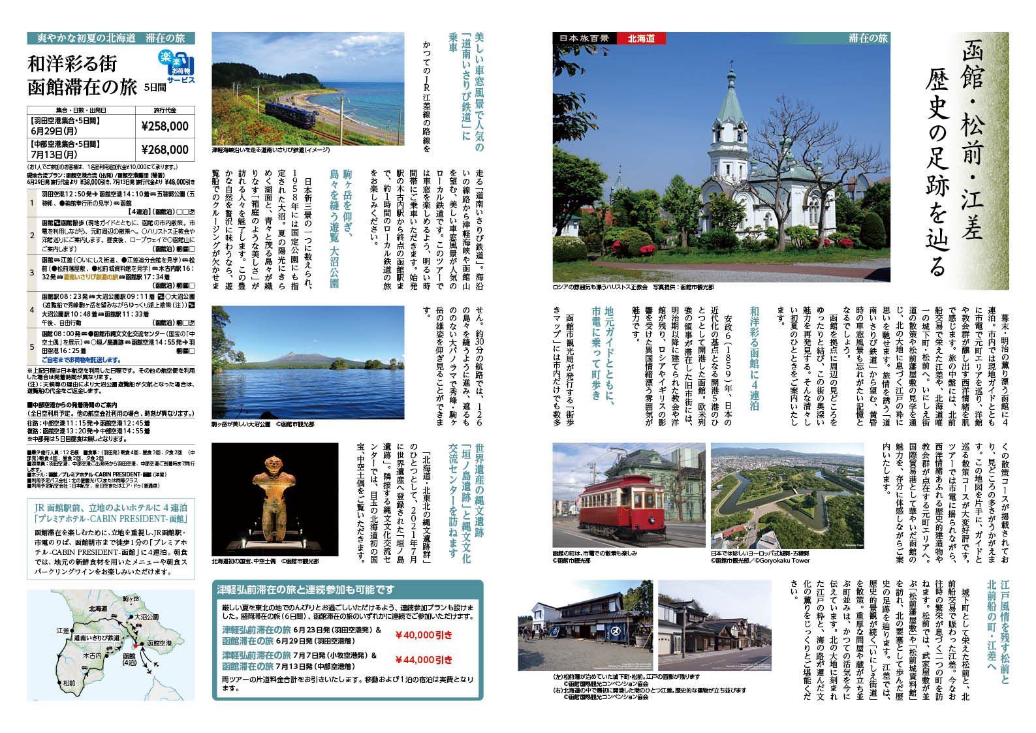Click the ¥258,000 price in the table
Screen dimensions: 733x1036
pyautogui.click(x=165, y=126)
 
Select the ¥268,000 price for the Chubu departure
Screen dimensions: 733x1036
pyautogui.click(x=165, y=149)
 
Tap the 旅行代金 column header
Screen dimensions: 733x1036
pyautogui.click(x=165, y=110)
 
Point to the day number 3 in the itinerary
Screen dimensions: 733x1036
pyautogui.click(x=32, y=272)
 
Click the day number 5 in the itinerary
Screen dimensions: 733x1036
pyautogui.click(x=32, y=347)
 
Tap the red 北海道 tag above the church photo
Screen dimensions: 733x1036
pyautogui.click(x=641, y=39)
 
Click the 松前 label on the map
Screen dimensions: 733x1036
pyautogui.click(x=69, y=683)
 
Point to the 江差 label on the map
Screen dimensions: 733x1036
pyautogui.click(x=63, y=631)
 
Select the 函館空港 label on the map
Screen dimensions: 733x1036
pyautogui.click(x=159, y=643)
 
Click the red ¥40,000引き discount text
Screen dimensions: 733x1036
pyautogui.click(x=424, y=634)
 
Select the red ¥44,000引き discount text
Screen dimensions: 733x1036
pyautogui.click(x=424, y=660)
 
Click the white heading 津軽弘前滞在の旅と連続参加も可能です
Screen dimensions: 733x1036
pyautogui.click(x=306, y=589)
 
